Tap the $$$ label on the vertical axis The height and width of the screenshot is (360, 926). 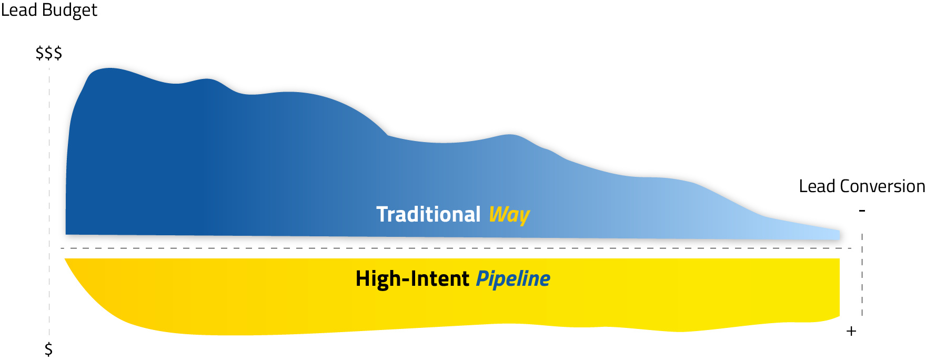[49, 53]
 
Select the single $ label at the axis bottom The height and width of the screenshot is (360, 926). [48, 349]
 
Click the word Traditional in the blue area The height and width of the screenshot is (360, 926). [428, 214]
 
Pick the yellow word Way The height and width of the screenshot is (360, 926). [509, 215]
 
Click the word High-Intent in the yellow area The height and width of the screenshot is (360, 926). [412, 278]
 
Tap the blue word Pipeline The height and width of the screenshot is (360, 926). [513, 279]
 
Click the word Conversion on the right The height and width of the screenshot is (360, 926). [882, 186]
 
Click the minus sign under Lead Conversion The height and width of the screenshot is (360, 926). [862, 211]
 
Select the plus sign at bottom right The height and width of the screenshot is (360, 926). [851, 331]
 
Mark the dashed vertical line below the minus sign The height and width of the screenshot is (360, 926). [862, 274]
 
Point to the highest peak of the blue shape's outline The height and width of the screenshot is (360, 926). [110, 64]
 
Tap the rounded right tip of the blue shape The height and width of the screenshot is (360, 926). [843, 234]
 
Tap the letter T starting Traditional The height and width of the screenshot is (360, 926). [382, 214]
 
